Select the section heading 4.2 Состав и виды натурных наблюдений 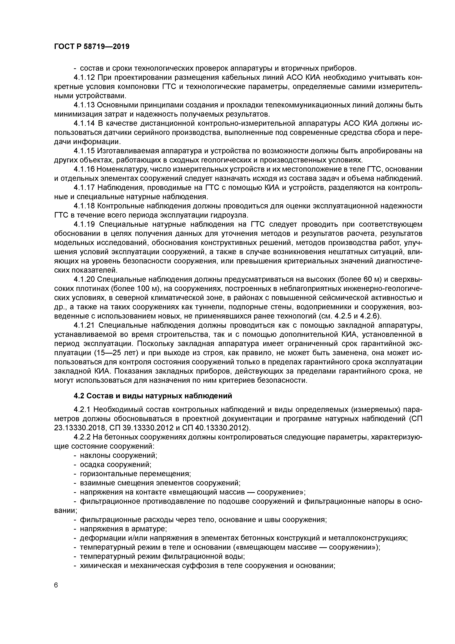click(x=153, y=396)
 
